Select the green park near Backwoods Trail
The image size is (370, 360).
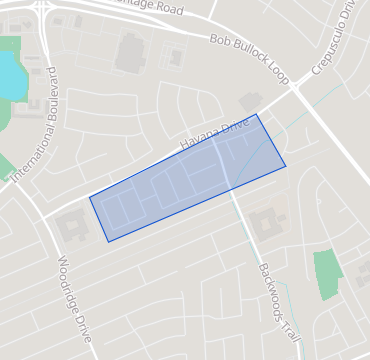327,274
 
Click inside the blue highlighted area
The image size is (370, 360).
185,180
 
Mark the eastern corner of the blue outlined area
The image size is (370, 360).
286,166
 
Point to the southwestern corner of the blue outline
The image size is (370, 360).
108,241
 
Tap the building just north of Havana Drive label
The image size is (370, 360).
249,103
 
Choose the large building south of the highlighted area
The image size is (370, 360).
266,222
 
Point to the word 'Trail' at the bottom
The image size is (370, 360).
290,321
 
